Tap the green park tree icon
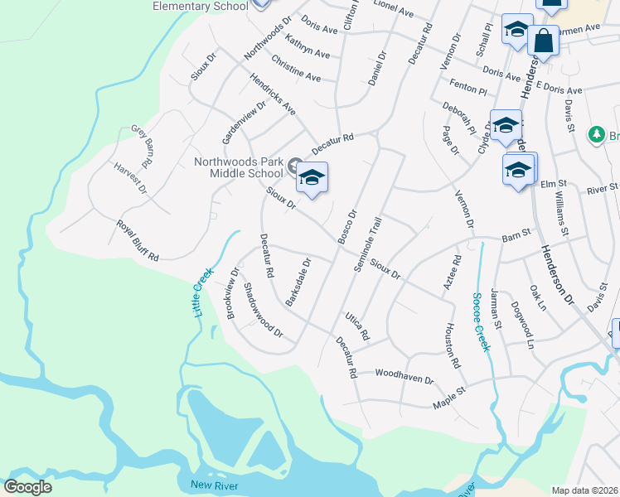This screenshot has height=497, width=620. click(595, 134)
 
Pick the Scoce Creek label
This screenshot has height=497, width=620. click(477, 321)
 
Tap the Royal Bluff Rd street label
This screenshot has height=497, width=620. click(137, 241)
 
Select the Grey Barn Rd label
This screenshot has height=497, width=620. click(143, 146)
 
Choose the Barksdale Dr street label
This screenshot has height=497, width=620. click(298, 282)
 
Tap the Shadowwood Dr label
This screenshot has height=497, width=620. click(263, 311)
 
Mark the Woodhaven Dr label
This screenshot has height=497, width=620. click(404, 377)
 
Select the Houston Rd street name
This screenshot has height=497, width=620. click(453, 345)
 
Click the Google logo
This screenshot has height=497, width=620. click(28, 486)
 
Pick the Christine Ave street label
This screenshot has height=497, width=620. click(296, 70)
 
